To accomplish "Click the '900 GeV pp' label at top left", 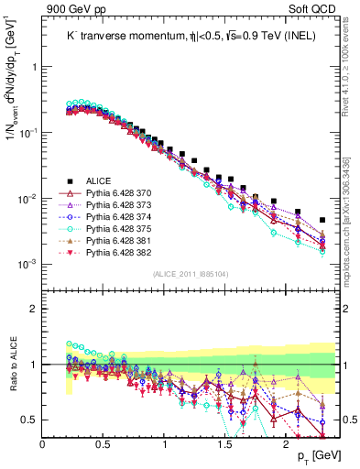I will pos(70,10).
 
